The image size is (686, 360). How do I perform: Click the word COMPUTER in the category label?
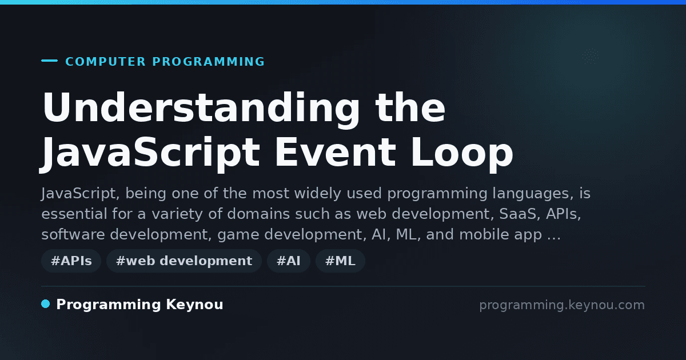coord(105,62)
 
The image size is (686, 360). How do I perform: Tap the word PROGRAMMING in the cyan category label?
coord(208,62)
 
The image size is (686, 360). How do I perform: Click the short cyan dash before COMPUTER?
coord(49,61)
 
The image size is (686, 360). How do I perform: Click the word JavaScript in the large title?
coord(150,154)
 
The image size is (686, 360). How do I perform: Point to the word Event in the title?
coord(336,152)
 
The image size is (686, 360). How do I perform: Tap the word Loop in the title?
coord(462,154)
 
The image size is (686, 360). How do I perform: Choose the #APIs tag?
coord(71,261)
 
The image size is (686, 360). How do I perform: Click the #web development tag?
coord(184,261)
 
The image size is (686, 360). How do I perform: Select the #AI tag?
coord(289,261)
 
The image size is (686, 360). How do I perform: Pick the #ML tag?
coord(340,261)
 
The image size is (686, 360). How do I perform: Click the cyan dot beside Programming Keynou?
coord(45,304)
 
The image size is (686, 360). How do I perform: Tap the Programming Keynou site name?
coord(139,305)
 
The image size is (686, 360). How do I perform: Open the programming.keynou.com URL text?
coord(562,305)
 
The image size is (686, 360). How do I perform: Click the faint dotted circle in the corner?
coord(590,57)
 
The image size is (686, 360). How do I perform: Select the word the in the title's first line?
coord(410,109)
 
